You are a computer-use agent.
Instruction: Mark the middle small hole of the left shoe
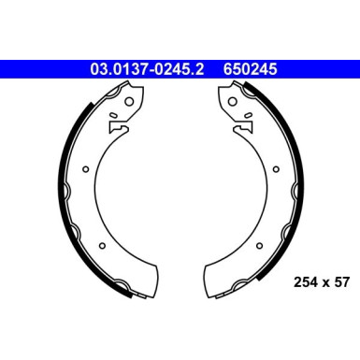(x=85, y=169)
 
